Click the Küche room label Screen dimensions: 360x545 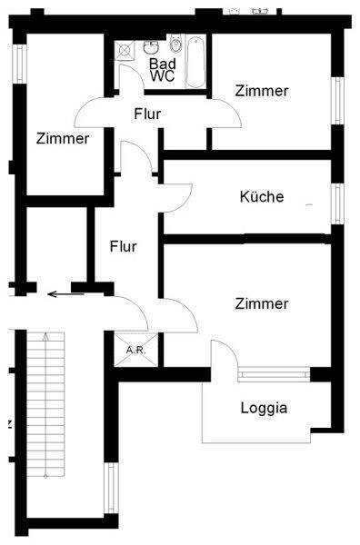coord(262,197)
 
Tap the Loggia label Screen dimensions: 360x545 coord(264,408)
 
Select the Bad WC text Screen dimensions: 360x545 coord(163,70)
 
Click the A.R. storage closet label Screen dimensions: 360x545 coord(136,350)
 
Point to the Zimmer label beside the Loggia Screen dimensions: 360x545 coord(262,303)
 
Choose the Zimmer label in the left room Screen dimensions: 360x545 coord(63,138)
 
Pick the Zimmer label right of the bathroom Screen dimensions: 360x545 coord(262,91)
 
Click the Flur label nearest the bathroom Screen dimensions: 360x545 coord(147,114)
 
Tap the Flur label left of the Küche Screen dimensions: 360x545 coord(123,246)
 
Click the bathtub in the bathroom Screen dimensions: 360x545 coord(195,62)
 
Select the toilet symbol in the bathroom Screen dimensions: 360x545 coord(175,44)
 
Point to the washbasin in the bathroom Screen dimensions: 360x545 coord(151,47)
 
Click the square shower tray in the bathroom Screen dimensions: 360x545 coord(124,50)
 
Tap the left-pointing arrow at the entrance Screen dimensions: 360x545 coord(66,294)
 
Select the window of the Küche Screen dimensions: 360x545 coord(338,203)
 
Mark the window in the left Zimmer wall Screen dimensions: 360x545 coord(20,64)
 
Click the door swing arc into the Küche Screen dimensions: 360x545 coord(178,198)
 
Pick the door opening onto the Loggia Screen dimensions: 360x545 coord(225,352)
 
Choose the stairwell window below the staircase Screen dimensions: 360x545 coord(112,488)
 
